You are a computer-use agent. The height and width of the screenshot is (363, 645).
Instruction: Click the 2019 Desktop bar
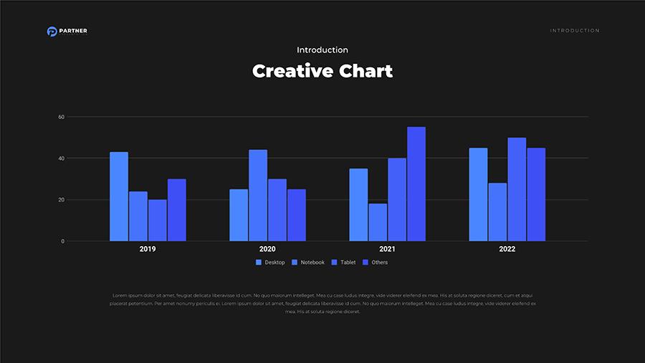[119, 197]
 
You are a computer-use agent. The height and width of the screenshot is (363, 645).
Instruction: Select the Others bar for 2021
[416, 184]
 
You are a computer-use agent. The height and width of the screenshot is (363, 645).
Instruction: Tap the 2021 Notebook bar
[378, 222]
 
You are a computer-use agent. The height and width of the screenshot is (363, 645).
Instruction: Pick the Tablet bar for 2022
[517, 189]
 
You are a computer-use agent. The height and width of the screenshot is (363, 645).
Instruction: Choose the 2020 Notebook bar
[258, 195]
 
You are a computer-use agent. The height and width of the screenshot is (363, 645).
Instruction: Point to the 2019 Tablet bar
[157, 220]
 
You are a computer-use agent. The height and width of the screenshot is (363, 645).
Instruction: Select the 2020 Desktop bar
[239, 215]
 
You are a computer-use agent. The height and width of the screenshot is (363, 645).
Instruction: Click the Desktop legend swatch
[259, 263]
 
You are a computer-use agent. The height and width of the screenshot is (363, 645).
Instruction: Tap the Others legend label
[380, 263]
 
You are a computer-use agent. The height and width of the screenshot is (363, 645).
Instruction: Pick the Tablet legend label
[348, 263]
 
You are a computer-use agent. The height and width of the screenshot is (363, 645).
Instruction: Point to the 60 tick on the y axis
[62, 117]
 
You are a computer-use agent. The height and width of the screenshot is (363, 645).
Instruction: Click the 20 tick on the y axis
[62, 200]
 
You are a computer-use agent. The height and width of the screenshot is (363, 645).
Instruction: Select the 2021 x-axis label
[387, 249]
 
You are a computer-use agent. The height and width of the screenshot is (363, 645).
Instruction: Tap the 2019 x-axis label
[148, 249]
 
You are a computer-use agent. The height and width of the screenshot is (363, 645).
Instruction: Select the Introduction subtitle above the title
[322, 50]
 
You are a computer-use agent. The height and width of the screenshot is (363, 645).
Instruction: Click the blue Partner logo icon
[52, 31]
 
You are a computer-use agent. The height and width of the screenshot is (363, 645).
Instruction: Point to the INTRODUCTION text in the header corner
[575, 31]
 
